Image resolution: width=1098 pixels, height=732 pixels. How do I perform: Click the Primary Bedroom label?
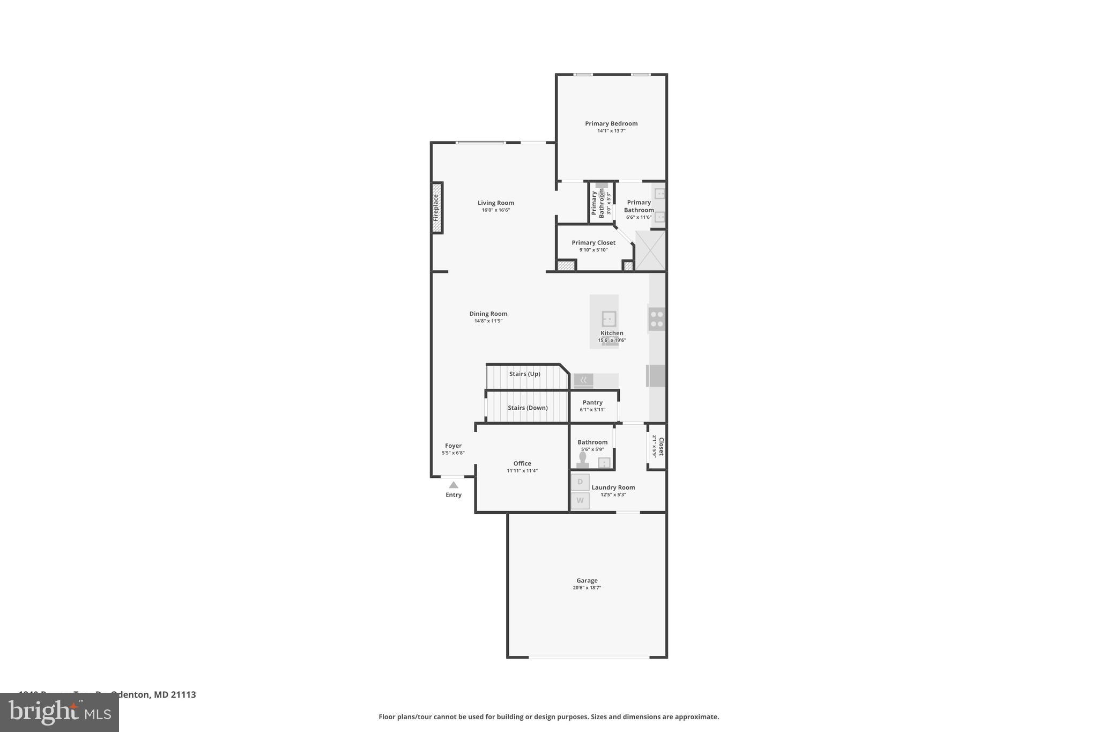click(x=611, y=123)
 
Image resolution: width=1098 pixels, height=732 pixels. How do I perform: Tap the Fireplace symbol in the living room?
click(x=437, y=208)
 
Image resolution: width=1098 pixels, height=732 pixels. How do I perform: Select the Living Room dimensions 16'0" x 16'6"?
click(x=495, y=210)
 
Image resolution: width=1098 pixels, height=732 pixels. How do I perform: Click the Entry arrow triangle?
click(x=454, y=485)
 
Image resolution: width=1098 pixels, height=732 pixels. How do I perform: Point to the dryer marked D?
click(x=580, y=482)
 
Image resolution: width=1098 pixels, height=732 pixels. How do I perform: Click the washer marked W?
click(x=580, y=501)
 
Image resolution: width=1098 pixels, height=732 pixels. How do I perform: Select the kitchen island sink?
click(x=609, y=319)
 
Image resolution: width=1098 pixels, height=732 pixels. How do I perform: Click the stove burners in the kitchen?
click(x=657, y=319)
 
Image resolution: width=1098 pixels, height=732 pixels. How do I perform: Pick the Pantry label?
click(x=592, y=402)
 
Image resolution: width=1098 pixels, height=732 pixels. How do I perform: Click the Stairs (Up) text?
click(x=524, y=374)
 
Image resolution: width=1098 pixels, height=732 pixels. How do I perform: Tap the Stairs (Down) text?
click(x=528, y=408)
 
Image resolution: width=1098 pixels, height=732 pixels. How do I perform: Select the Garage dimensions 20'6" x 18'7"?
click(x=587, y=588)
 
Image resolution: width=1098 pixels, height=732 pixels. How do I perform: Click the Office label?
click(x=522, y=463)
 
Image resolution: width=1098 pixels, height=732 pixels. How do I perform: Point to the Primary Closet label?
click(x=593, y=242)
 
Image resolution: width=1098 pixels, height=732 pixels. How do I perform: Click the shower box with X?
click(x=650, y=250)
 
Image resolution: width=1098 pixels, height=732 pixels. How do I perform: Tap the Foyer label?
click(x=453, y=446)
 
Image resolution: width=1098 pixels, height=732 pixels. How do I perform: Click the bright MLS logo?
click(x=59, y=712)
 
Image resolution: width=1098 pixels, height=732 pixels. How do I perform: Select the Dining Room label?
click(x=488, y=314)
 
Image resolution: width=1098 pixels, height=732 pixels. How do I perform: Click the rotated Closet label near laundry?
click(x=661, y=446)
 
